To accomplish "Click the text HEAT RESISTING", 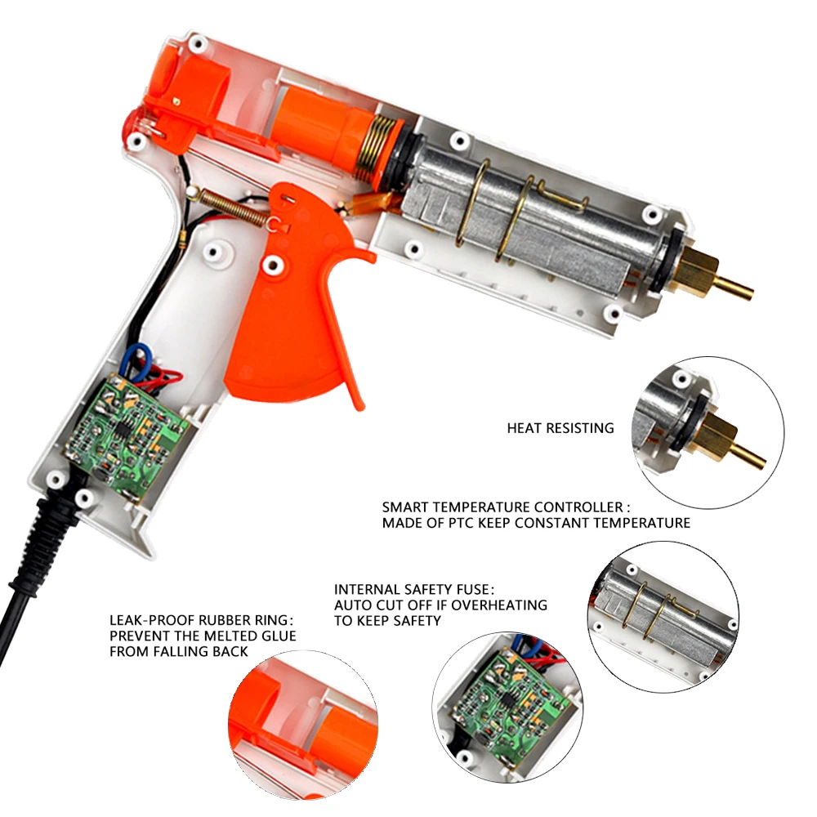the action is [x=560, y=428].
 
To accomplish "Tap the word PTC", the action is [x=461, y=523].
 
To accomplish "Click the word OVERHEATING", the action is [x=499, y=605].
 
